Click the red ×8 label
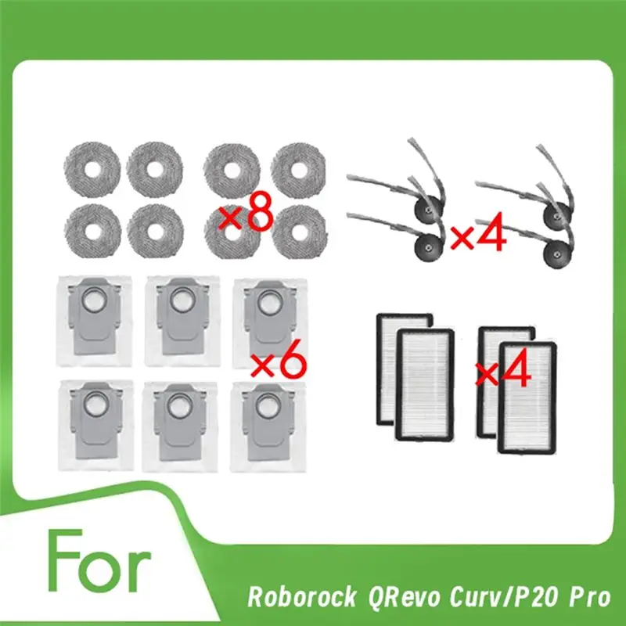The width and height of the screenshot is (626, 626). pyautogui.click(x=246, y=214)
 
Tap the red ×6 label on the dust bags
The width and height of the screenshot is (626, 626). pyautogui.click(x=278, y=364)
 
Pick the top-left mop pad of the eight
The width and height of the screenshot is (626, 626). pyautogui.click(x=91, y=167)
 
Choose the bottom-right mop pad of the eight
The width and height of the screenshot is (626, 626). pyautogui.click(x=297, y=230)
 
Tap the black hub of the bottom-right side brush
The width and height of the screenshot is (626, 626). pyautogui.click(x=556, y=252)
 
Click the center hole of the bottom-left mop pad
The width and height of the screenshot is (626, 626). pyautogui.click(x=91, y=228)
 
